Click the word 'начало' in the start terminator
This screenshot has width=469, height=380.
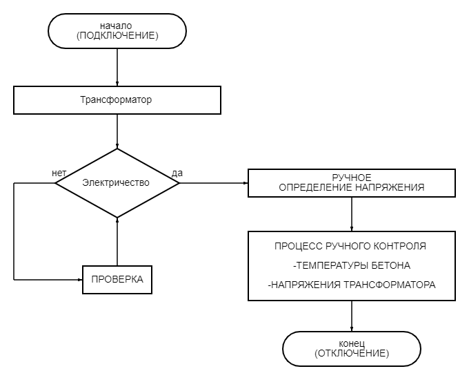pyautogui.click(x=117, y=26)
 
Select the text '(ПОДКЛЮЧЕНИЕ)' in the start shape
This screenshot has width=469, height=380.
pyautogui.click(x=117, y=36)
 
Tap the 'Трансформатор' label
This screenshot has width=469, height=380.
pyautogui.click(x=117, y=100)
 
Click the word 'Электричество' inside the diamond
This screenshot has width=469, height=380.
pyautogui.click(x=116, y=183)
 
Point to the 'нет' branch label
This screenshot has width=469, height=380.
pyautogui.click(x=59, y=173)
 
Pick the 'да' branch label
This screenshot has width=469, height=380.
pyautogui.click(x=177, y=173)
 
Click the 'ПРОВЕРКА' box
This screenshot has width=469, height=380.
pyautogui.click(x=117, y=280)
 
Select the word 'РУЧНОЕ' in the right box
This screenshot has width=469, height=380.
pyautogui.click(x=352, y=178)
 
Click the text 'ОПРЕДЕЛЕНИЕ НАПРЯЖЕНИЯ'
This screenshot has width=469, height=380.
pyautogui.click(x=352, y=187)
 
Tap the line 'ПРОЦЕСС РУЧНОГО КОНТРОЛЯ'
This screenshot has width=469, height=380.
pyautogui.click(x=350, y=246)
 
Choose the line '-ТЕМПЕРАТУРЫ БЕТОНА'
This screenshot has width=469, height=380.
pyautogui.click(x=352, y=265)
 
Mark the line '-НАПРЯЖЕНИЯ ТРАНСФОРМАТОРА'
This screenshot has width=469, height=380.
pyautogui.click(x=352, y=285)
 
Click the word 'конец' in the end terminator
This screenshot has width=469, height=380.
pyautogui.click(x=352, y=343)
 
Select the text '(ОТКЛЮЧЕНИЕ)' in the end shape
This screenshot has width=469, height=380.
pyautogui.click(x=352, y=353)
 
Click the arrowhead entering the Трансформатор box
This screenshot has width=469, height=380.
pyautogui.click(x=117, y=83)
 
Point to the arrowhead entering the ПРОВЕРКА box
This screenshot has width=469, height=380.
pyautogui.click(x=79, y=280)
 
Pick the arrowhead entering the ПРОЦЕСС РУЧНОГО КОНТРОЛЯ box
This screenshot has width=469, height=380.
pyautogui.click(x=352, y=228)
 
